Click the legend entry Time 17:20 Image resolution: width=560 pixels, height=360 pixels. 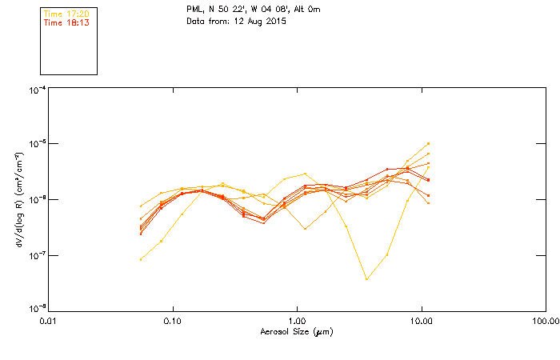coord(66,14)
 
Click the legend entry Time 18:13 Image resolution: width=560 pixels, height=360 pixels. coord(66,23)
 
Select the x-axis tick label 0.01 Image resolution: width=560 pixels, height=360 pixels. coord(48,321)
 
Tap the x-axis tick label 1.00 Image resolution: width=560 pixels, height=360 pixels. coord(297,321)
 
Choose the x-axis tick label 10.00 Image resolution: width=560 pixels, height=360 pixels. coord(421,321)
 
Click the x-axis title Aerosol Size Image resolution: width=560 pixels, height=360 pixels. coord(296,331)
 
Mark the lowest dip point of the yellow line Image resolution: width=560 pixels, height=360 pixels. coord(367,279)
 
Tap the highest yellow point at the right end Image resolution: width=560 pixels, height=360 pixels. coord(429,143)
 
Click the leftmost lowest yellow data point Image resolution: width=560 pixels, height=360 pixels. coord(141,259)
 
